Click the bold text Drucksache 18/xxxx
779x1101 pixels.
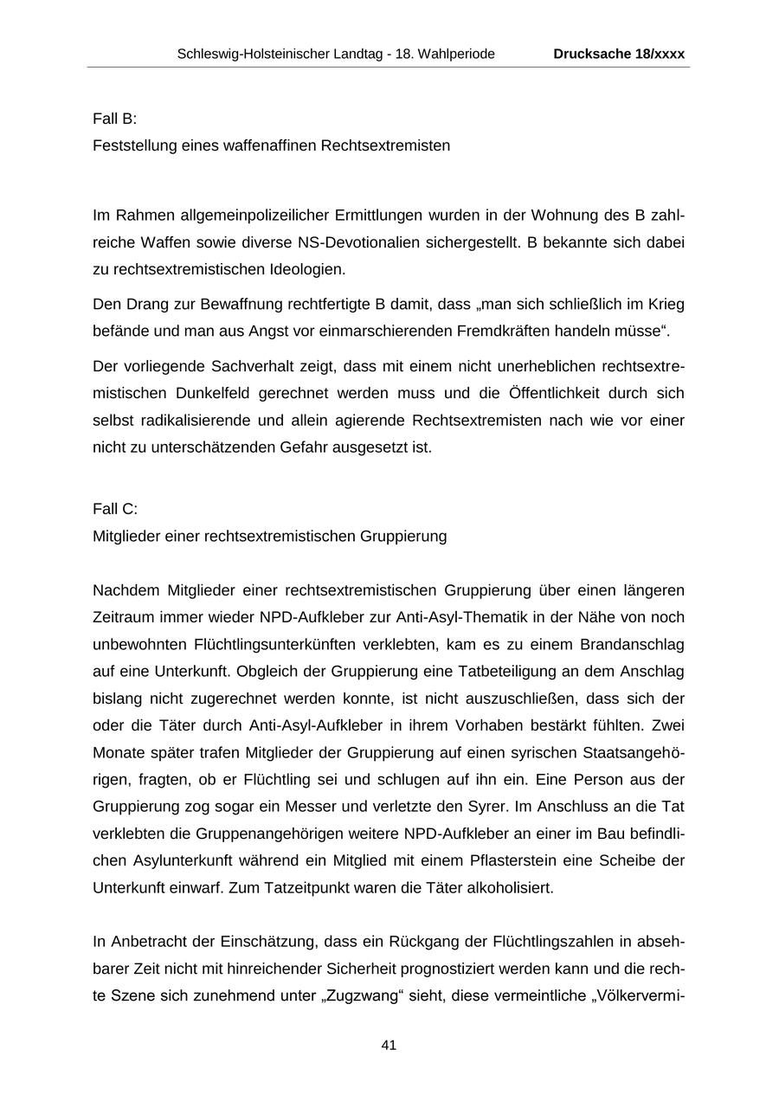point(619,54)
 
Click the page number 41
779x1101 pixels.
point(389,1045)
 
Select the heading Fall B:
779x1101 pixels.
point(114,119)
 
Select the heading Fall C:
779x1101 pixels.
point(115,509)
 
